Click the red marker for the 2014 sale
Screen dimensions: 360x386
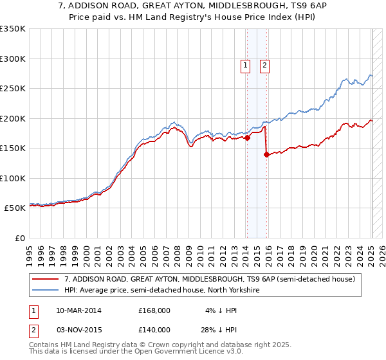point(247,138)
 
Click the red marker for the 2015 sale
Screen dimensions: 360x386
point(266,154)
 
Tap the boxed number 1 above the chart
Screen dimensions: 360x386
point(245,64)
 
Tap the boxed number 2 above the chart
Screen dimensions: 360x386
point(264,64)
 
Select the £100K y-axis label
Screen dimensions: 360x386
point(13,178)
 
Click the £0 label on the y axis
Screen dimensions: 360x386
point(18,238)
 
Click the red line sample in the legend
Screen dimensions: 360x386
point(46,280)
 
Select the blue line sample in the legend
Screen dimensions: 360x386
point(46,291)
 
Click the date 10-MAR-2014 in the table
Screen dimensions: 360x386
point(78,310)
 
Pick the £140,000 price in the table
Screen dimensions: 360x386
point(154,330)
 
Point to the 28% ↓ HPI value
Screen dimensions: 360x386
point(219,330)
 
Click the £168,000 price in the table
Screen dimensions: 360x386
point(154,310)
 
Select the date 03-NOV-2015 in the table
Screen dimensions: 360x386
point(78,330)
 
